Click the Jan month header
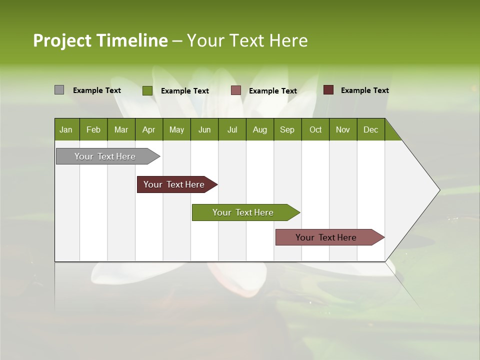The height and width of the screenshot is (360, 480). pos(66,129)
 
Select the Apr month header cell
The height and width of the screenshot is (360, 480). pos(149,129)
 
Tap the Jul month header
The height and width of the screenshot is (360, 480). pos(232,129)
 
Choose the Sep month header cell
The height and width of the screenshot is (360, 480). pos(287,129)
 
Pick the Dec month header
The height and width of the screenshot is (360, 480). pos(370,129)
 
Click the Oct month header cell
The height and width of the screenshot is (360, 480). pos(315,129)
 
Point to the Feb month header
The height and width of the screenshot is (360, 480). pos(93,129)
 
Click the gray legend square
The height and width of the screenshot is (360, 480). pos(59,90)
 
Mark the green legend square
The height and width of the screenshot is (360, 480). pos(147,90)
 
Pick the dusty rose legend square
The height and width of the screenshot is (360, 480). pos(236,90)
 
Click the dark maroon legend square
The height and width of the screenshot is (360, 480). pos(328,90)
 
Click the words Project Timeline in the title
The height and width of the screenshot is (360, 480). pos(100,40)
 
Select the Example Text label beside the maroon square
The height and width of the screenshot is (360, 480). pos(364,90)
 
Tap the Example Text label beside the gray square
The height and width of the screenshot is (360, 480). pos(96,90)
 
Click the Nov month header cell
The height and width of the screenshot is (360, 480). pos(343,129)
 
